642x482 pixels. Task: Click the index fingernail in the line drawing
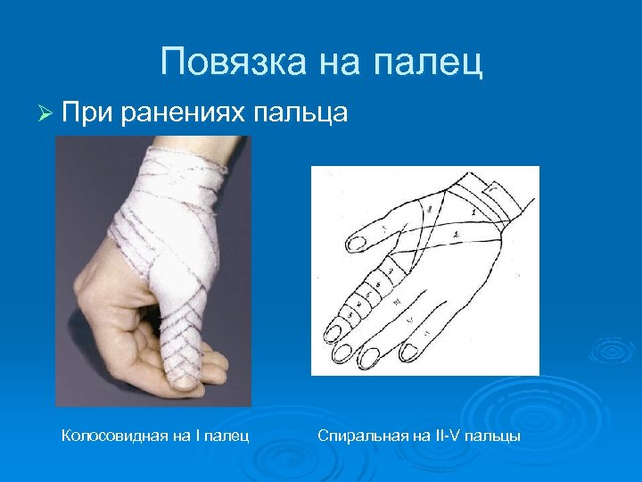point(334,332)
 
